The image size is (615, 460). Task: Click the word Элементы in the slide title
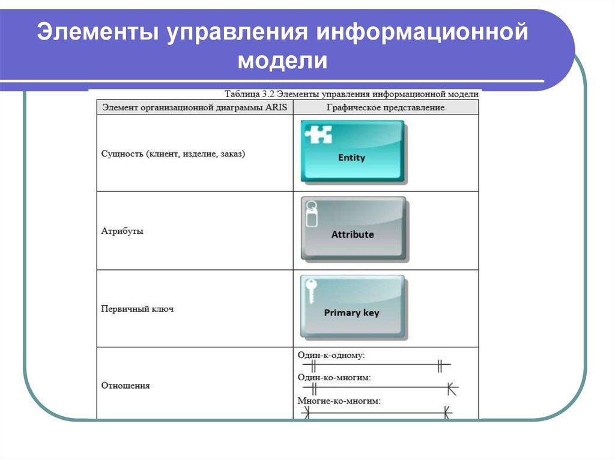pos(96,33)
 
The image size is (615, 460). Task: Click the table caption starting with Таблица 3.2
pos(351,94)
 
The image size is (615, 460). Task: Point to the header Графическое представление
pos(386,107)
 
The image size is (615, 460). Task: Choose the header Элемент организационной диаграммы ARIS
pos(195,107)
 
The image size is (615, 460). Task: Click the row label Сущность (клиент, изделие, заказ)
pos(173,154)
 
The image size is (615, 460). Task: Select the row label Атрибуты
pos(123,231)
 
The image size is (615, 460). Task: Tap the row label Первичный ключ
pos(138,309)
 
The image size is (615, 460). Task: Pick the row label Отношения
pos(126,386)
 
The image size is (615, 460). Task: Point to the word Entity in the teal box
pos(351,158)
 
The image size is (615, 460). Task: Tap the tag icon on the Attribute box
pos(311,214)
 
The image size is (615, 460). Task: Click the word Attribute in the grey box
pos(353,234)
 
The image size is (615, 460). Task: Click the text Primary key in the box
pos(351,312)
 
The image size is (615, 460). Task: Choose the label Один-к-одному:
pos(331,355)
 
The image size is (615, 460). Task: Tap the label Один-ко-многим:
pos(334,378)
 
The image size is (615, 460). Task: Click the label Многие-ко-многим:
pos(339,400)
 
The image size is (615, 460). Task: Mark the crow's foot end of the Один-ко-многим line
pos(452,389)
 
